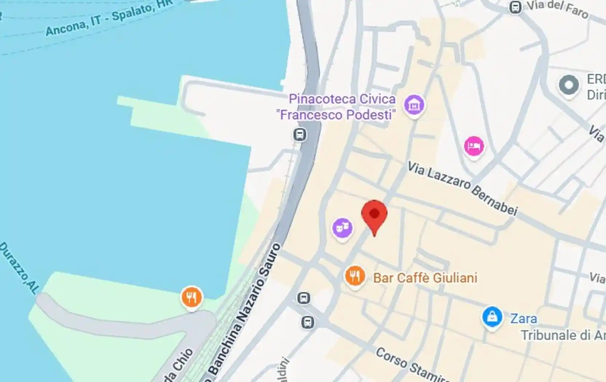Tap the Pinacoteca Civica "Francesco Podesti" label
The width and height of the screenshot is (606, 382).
point(336,107)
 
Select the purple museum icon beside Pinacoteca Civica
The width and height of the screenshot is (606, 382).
point(414,105)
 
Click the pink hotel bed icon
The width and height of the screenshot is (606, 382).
point(474,146)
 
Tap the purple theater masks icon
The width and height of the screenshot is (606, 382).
point(342,228)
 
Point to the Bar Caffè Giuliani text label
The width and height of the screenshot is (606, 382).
point(425,278)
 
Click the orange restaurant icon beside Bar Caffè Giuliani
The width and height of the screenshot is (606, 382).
point(355,276)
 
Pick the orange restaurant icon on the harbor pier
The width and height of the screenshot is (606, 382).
point(192,297)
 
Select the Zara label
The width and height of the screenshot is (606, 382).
point(524,319)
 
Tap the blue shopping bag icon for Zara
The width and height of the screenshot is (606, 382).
point(492,317)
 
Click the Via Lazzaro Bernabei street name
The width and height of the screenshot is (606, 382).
point(462,188)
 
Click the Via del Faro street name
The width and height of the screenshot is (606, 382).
point(558,9)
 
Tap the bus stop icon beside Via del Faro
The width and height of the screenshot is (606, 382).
point(515,7)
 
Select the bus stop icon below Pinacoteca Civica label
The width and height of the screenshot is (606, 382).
point(300,135)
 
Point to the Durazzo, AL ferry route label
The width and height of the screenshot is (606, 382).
point(19,267)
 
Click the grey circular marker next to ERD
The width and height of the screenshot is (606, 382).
point(569,85)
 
